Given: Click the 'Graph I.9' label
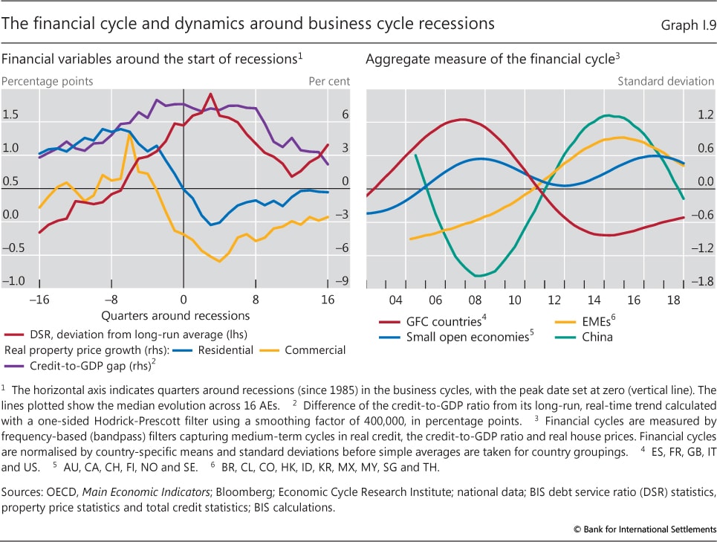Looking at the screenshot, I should pyautogui.click(x=689, y=25).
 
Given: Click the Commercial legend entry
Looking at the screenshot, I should pyautogui.click(x=316, y=349).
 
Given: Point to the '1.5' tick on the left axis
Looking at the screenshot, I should pyautogui.click(x=11, y=115).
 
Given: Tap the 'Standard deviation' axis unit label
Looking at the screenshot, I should pyautogui.click(x=666, y=81).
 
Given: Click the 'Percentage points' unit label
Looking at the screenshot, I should pyautogui.click(x=47, y=81).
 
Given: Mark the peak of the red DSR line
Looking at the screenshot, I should pyautogui.click(x=211, y=94).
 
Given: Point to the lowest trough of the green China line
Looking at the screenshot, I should pyautogui.click(x=477, y=276).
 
